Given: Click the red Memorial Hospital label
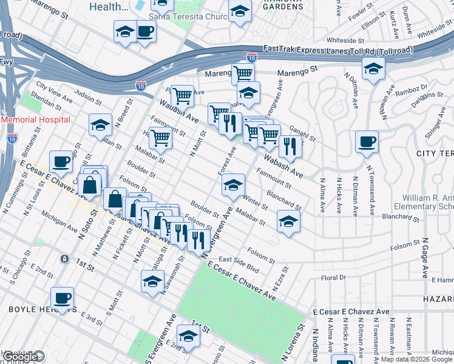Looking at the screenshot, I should click(36, 120).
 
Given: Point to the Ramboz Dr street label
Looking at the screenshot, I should click(411, 90).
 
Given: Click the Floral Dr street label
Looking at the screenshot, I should click(334, 278).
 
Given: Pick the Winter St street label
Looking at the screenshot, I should click(254, 201).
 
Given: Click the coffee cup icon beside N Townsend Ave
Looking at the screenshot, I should click(367, 143).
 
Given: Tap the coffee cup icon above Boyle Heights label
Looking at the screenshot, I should click(62, 298).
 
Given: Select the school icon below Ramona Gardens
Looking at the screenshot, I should click(240, 11).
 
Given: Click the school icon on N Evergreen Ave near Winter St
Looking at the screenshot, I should click(233, 185).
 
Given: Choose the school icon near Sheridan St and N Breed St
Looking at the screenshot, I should click(100, 126).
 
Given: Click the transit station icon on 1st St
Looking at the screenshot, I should click(64, 258).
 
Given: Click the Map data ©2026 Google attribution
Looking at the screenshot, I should click(416, 359).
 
